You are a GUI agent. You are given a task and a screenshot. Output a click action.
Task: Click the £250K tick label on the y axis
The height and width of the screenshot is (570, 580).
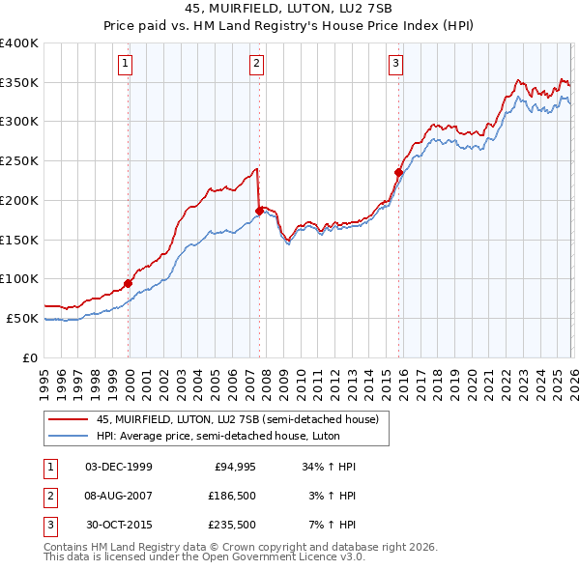pyautogui.click(x=18, y=161)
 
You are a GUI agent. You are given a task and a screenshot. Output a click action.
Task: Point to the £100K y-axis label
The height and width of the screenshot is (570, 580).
pyautogui.click(x=18, y=279)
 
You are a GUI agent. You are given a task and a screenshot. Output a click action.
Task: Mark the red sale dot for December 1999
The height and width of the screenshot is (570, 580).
pyautogui.click(x=129, y=284)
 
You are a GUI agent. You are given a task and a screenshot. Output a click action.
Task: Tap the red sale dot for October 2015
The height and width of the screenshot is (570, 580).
pyautogui.click(x=398, y=172)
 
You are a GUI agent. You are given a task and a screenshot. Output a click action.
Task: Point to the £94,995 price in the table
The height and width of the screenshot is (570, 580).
pyautogui.click(x=233, y=466)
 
